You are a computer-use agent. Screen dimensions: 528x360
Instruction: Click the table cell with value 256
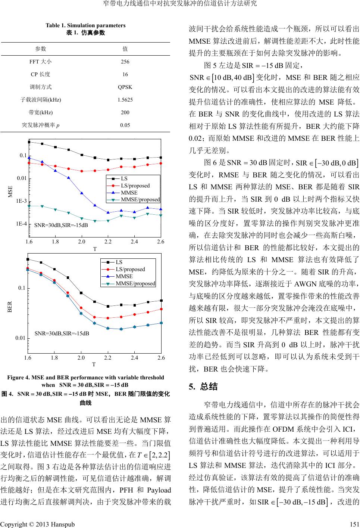pyautogui.click(x=125, y=62)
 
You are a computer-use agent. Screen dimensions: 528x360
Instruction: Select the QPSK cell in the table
pyautogui.click(x=125, y=87)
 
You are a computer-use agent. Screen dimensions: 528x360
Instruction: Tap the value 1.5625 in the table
pyautogui.click(x=125, y=100)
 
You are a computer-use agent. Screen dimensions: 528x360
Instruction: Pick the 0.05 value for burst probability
pyautogui.click(x=125, y=125)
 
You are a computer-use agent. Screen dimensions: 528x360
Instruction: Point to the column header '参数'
pyautogui.click(x=40, y=49)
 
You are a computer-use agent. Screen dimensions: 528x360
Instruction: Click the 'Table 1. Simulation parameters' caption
pyautogui.click(x=85, y=25)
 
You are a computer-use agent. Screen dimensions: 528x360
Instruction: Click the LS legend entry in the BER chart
pyautogui.click(x=119, y=262)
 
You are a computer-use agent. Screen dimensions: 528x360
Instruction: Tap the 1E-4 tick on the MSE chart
pyautogui.click(x=21, y=224)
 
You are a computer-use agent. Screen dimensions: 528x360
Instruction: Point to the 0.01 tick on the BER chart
pyautogui.click(x=21, y=338)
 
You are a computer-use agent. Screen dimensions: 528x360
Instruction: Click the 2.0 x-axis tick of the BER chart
pyautogui.click(x=81, y=358)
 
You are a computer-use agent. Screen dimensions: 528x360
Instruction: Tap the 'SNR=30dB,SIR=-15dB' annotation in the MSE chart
pyautogui.click(x=61, y=226)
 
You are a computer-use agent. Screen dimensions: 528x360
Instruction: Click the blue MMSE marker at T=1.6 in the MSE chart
pyautogui.click(x=29, y=158)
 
